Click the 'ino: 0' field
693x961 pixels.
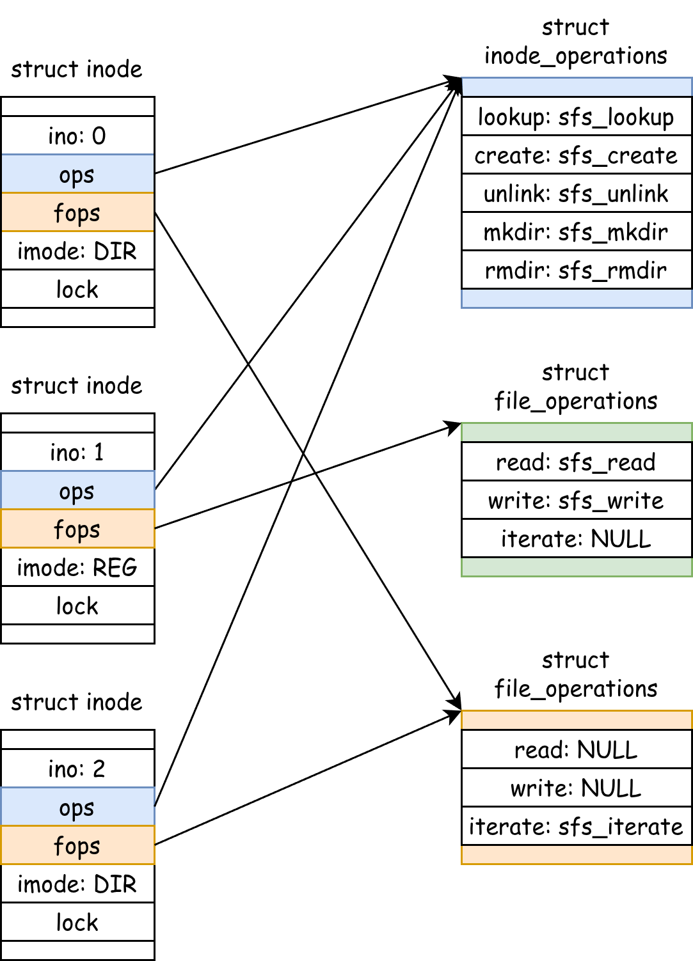click(77, 136)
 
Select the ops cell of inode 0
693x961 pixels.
click(77, 174)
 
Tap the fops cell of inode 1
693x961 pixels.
click(77, 529)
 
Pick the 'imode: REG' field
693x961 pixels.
click(77, 567)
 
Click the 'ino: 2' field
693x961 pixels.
click(77, 769)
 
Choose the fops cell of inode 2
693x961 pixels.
click(77, 845)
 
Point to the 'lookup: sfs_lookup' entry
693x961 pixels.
click(577, 116)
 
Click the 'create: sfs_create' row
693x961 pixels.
click(577, 155)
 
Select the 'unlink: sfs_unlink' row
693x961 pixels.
click(577, 192)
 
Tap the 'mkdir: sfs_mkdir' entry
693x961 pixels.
click(577, 231)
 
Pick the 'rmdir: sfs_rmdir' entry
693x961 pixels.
click(577, 270)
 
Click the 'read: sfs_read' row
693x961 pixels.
click(577, 462)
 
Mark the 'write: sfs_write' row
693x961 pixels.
click(577, 500)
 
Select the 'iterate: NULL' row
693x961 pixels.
click(577, 538)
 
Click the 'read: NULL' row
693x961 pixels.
click(577, 749)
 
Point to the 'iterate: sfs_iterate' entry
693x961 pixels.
click(577, 826)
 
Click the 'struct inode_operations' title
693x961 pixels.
click(576, 42)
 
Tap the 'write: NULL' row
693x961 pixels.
click(577, 788)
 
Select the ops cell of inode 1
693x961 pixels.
click(77, 490)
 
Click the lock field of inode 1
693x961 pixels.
click(77, 606)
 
